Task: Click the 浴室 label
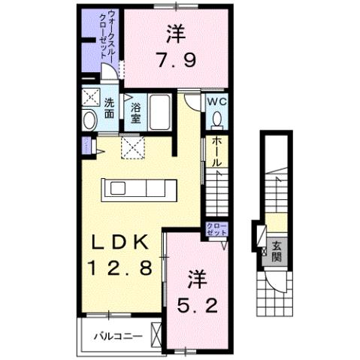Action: [x=135, y=113]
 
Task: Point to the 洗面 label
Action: [x=109, y=108]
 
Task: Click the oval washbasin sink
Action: [x=89, y=119]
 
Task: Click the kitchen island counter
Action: [x=141, y=189]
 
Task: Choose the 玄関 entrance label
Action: [x=277, y=250]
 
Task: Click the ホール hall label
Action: [x=216, y=152]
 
